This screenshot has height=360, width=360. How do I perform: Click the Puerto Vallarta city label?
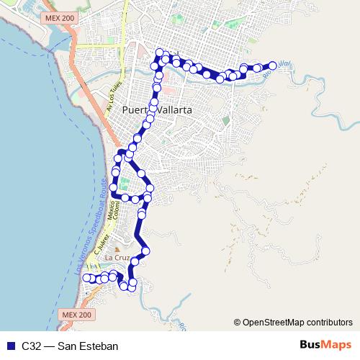pos(157,110)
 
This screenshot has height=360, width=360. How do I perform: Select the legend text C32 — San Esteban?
pos(69,346)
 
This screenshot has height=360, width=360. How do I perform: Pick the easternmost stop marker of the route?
pos(273,65)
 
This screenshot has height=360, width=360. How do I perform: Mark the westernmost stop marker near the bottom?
pos(86,278)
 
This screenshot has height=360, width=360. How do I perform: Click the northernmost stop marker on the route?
pos(160,52)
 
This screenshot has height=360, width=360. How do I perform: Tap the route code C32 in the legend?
pos(30,346)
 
